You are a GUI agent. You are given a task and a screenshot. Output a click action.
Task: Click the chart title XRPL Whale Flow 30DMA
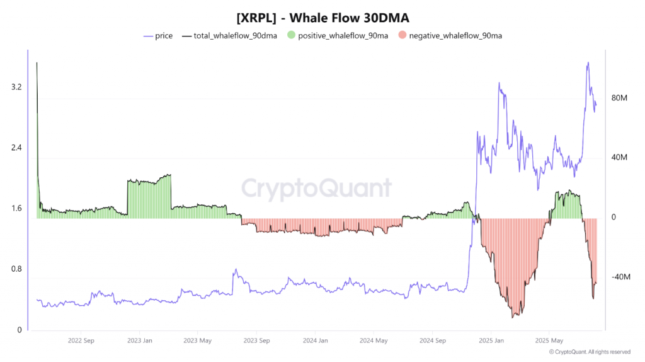point(322,18)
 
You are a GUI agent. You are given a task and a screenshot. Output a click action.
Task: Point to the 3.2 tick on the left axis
point(16,87)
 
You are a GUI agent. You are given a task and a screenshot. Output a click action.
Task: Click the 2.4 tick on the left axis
point(16,148)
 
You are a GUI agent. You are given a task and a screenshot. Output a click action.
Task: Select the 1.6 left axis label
point(16,209)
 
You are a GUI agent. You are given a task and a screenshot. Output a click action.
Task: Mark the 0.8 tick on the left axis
point(16,269)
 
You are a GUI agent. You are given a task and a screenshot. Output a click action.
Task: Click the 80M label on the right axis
point(620,98)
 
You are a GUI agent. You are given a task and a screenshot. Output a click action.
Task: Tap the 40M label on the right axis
point(620,158)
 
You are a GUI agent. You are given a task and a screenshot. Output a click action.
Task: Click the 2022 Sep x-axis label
point(81,341)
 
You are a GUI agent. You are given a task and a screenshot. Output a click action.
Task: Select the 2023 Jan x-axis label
point(139,341)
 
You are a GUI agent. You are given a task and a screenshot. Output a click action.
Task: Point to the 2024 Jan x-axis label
point(314,341)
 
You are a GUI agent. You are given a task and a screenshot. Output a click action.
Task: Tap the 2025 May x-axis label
point(549,341)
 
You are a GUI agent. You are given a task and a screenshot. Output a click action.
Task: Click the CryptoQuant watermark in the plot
point(317,188)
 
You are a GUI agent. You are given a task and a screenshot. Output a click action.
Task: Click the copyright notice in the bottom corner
point(590,352)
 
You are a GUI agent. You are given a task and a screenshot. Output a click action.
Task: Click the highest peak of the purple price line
point(588,62)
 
